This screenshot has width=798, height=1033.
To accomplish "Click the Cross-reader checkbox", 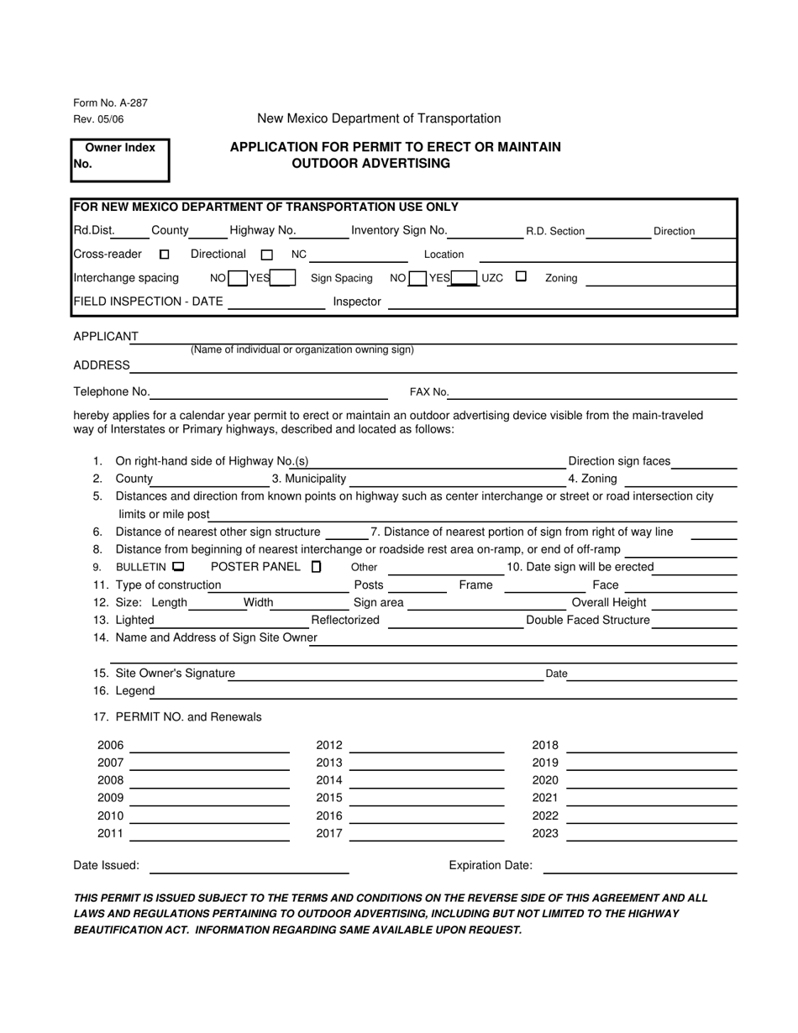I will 165,254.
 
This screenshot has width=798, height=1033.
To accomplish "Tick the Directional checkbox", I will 267,254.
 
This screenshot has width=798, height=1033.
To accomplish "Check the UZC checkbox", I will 521,276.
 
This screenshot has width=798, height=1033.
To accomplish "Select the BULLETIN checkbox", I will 178,567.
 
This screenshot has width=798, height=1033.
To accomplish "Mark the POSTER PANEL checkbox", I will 316,567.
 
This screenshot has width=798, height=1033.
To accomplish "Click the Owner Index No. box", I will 120,160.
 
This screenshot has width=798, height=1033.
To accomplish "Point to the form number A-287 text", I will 110,103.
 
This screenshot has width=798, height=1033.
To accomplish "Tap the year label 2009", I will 110,798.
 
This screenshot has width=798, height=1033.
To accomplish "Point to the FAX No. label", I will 428,392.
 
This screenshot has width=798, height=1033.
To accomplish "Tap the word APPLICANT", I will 106,337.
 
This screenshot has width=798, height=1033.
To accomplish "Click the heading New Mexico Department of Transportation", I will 379,119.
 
